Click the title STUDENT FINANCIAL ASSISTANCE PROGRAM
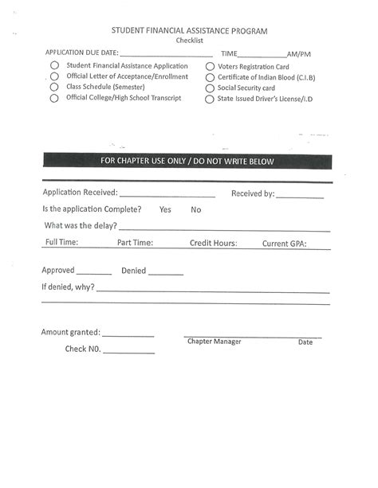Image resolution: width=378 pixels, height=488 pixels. coord(189,31)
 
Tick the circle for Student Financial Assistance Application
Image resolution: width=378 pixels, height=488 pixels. coord(54,66)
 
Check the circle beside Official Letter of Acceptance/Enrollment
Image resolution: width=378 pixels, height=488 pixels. coord(54,77)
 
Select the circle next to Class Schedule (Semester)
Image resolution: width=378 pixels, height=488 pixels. coord(54,88)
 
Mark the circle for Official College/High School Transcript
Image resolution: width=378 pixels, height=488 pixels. coord(54,99)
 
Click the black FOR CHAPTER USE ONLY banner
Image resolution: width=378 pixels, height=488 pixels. coord(187,162)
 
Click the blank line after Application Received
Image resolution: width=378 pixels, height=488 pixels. coord(167,193)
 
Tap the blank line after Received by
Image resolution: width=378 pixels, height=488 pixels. coord(301,194)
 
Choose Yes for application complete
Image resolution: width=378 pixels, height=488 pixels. coord(165,210)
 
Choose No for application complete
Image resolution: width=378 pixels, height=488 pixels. coord(196,210)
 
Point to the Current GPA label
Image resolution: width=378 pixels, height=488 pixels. coord(284,244)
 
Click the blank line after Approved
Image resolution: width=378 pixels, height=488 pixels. coord(94,271)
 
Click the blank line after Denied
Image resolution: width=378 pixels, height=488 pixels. coord(166,272)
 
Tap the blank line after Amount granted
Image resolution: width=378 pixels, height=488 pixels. coord(128,334)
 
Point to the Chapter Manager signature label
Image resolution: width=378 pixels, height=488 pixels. coord(214,342)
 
